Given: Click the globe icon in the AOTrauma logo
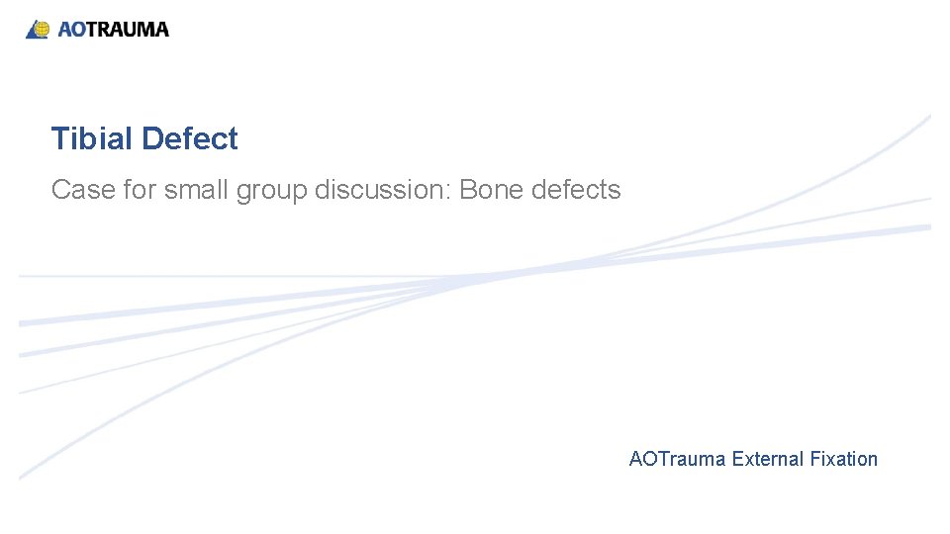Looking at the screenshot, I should click(x=39, y=29).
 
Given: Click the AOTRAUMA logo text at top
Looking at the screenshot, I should click(x=113, y=30).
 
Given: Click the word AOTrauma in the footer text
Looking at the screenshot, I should click(x=677, y=459).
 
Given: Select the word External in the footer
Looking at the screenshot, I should click(x=768, y=459).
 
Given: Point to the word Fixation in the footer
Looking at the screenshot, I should click(x=843, y=459).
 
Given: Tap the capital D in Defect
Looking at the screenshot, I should click(x=150, y=139).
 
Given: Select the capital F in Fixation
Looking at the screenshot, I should click(x=814, y=459).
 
